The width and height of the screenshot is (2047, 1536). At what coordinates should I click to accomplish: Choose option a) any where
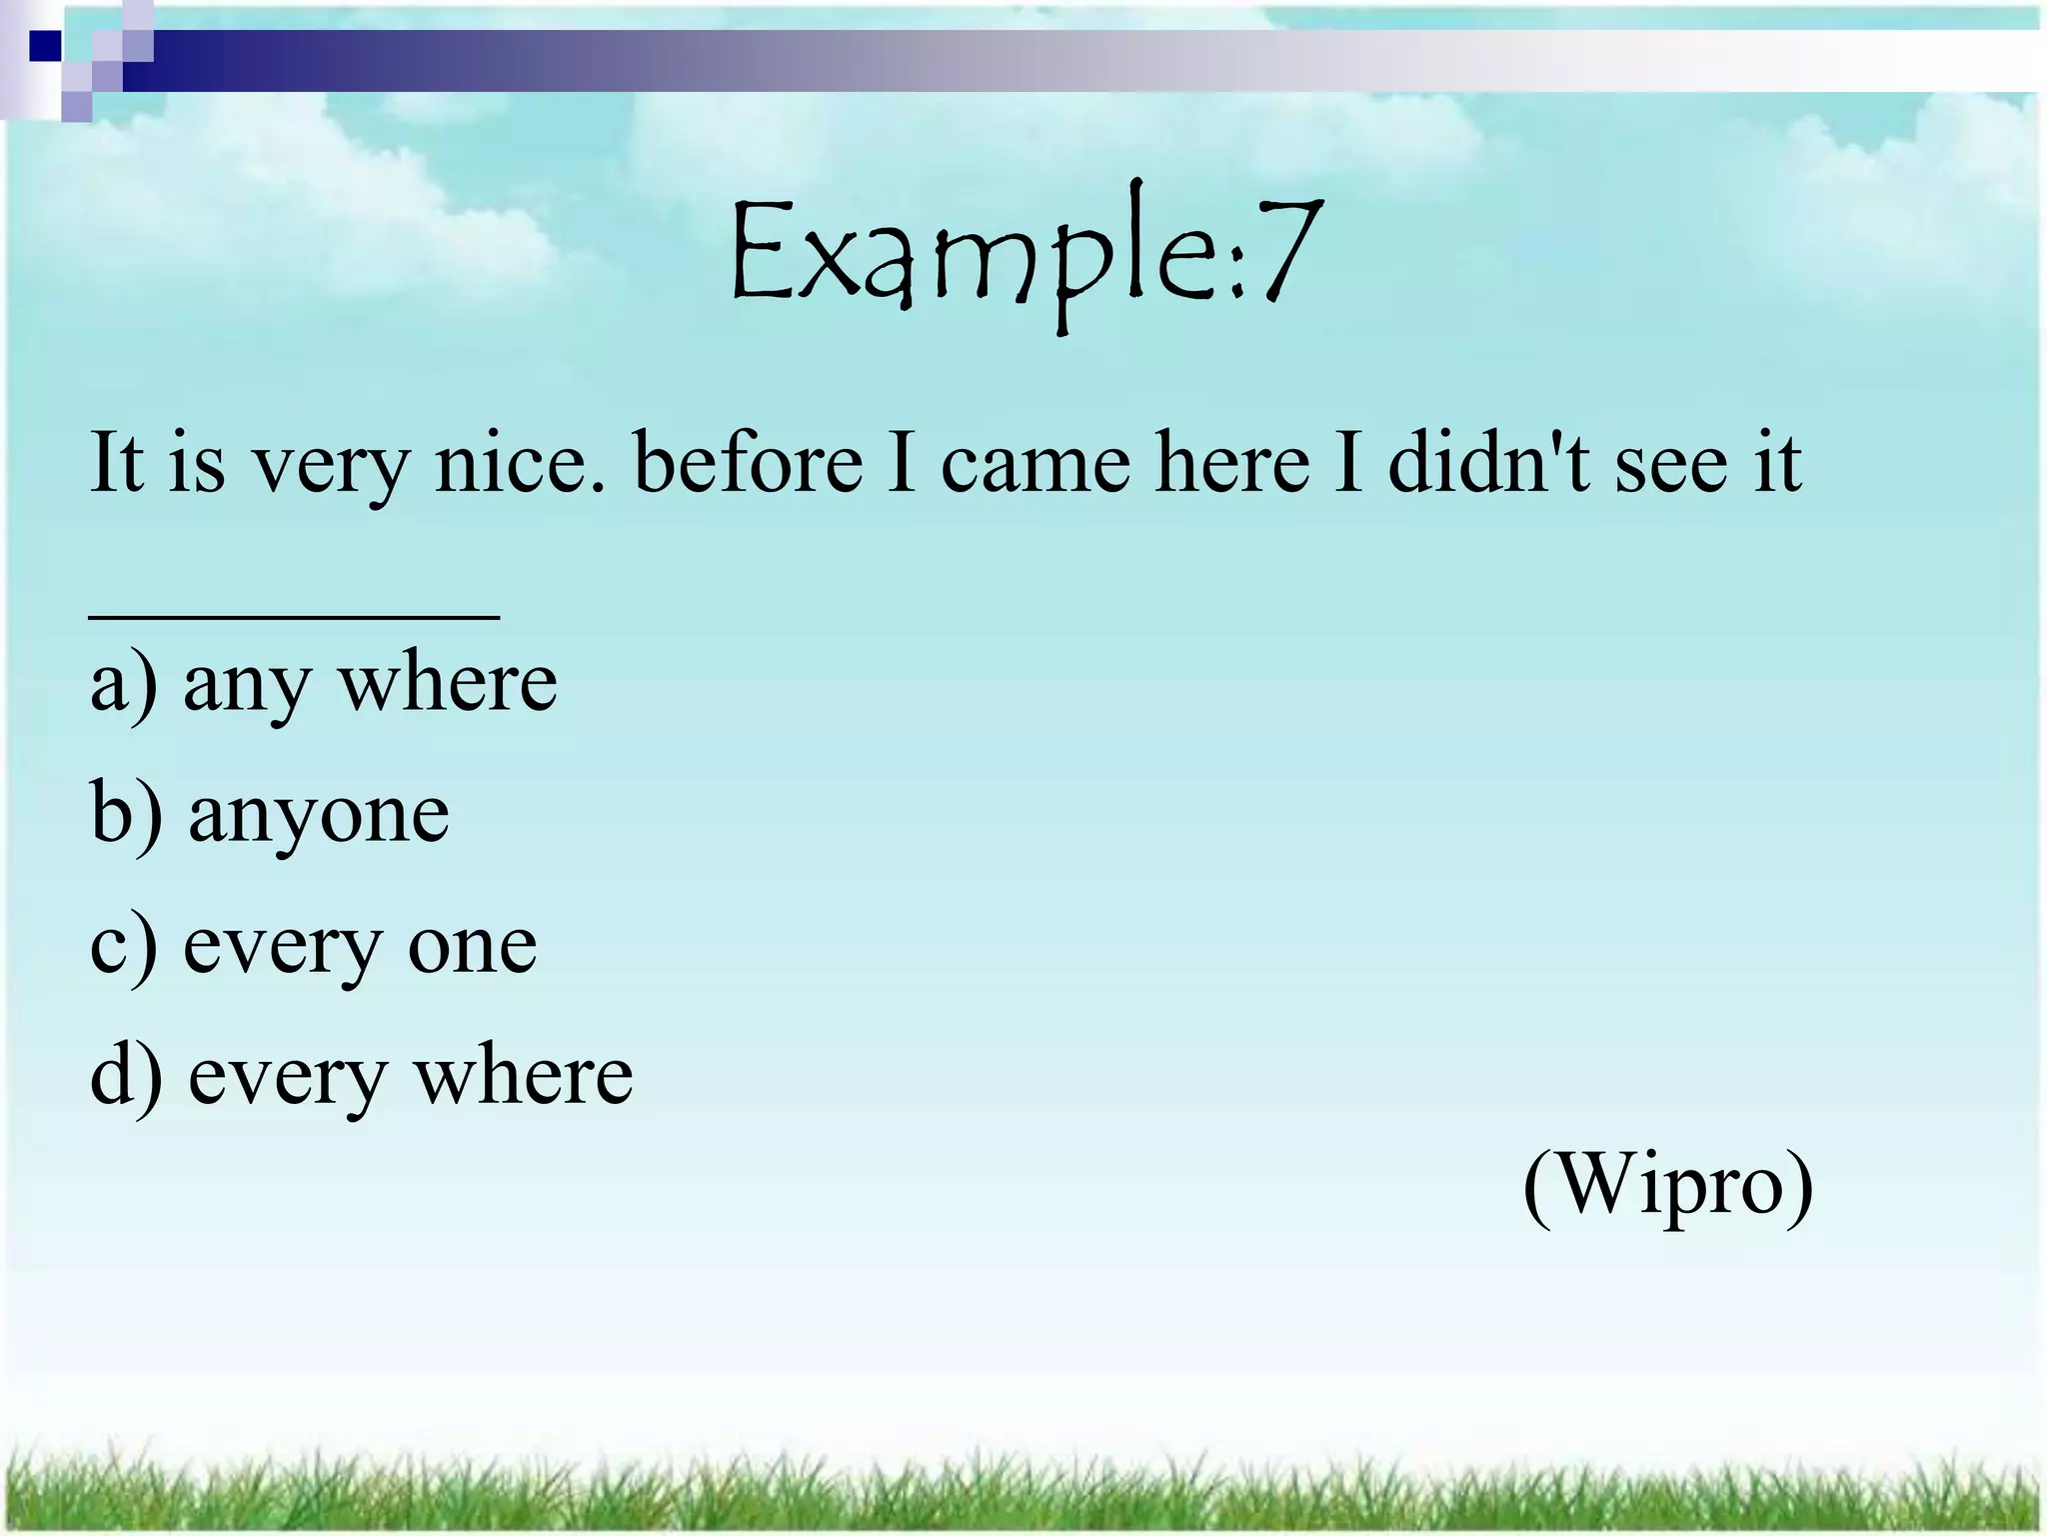tap(323, 685)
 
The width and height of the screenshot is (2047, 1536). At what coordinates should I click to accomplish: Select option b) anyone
tap(270, 815)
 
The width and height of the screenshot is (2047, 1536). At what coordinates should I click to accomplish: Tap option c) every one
tap(313, 946)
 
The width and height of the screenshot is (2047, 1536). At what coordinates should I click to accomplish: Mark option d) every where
tap(361, 1077)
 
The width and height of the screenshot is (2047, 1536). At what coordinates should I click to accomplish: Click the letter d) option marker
tap(126, 1077)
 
